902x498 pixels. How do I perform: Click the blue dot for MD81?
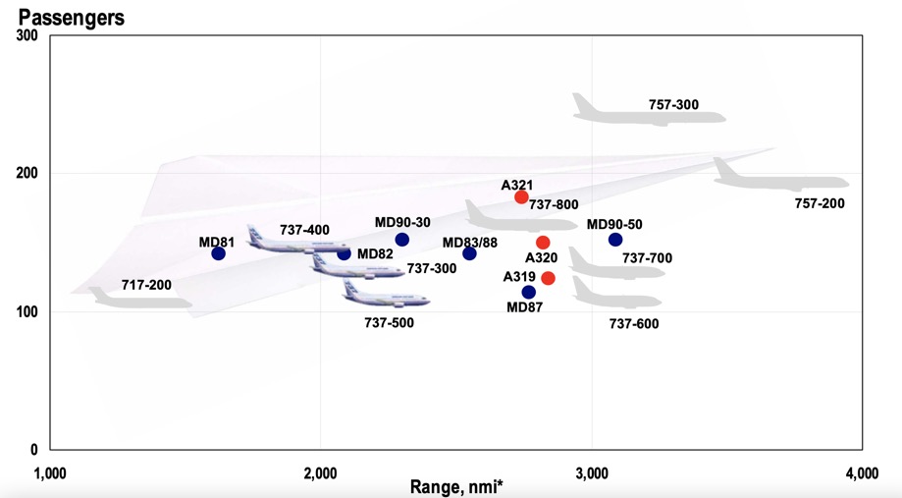(218, 253)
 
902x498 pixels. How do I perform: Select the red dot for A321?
(522, 197)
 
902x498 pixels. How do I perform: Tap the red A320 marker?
(543, 243)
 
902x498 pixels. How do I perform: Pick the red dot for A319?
(549, 278)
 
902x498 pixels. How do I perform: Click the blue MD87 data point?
(529, 292)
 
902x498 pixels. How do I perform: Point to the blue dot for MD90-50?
(615, 240)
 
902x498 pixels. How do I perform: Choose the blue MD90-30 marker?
(401, 240)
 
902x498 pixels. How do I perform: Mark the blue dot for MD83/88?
(469, 253)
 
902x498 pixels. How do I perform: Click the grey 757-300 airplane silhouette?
(648, 110)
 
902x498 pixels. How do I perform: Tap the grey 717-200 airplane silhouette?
(142, 299)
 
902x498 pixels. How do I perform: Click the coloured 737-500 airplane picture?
(373, 294)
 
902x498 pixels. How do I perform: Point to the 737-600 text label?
(634, 323)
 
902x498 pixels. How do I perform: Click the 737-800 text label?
(554, 205)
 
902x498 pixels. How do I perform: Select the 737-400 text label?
(304, 230)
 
